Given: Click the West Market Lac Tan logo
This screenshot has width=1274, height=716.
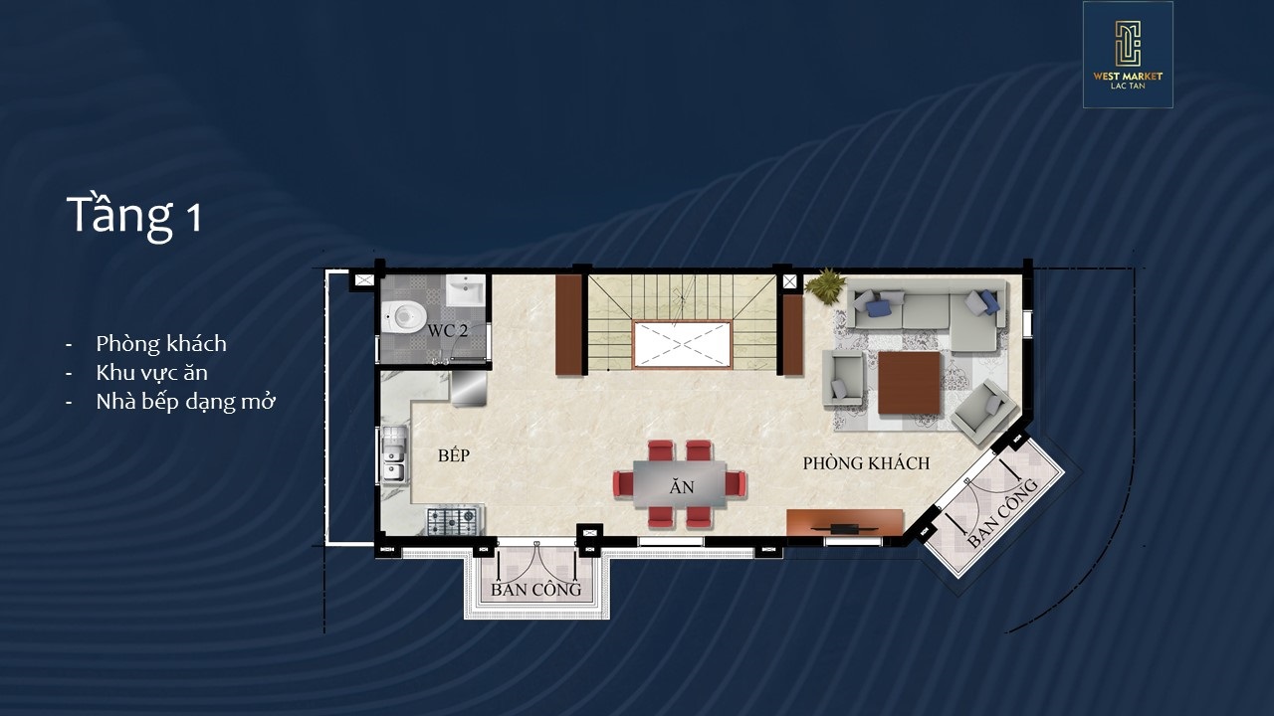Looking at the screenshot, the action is tap(1128, 55).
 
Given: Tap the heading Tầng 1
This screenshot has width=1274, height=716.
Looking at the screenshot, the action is tap(134, 216).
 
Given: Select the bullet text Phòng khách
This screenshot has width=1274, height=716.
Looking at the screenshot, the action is tap(161, 344).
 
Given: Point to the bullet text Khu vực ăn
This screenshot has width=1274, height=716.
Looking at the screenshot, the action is tap(152, 373).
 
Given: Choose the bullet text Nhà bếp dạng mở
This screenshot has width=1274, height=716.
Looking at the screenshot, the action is tap(185, 402).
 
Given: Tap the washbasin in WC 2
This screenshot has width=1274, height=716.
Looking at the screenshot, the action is tap(465, 290).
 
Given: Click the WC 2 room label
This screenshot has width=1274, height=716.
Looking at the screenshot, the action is tap(448, 331).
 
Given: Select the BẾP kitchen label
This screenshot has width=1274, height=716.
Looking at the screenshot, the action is tap(454, 455).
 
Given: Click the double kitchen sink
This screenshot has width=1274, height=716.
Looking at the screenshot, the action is tap(393, 454).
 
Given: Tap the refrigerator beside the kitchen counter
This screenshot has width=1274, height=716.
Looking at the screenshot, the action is tap(469, 388).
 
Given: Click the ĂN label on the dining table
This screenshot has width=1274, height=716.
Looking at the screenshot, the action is tap(682, 487).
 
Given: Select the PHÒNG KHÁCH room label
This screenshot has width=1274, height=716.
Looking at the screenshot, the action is tap(866, 463).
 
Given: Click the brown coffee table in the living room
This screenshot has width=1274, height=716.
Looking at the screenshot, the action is tap(909, 383).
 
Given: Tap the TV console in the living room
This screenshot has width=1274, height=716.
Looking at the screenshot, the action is tap(845, 522).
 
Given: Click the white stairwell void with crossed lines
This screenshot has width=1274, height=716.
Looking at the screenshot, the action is tap(682, 344).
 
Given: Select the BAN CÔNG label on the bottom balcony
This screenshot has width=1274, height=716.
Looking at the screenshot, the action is tap(535, 590).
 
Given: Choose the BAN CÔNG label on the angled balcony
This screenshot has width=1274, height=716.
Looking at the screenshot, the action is tap(1002, 514).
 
